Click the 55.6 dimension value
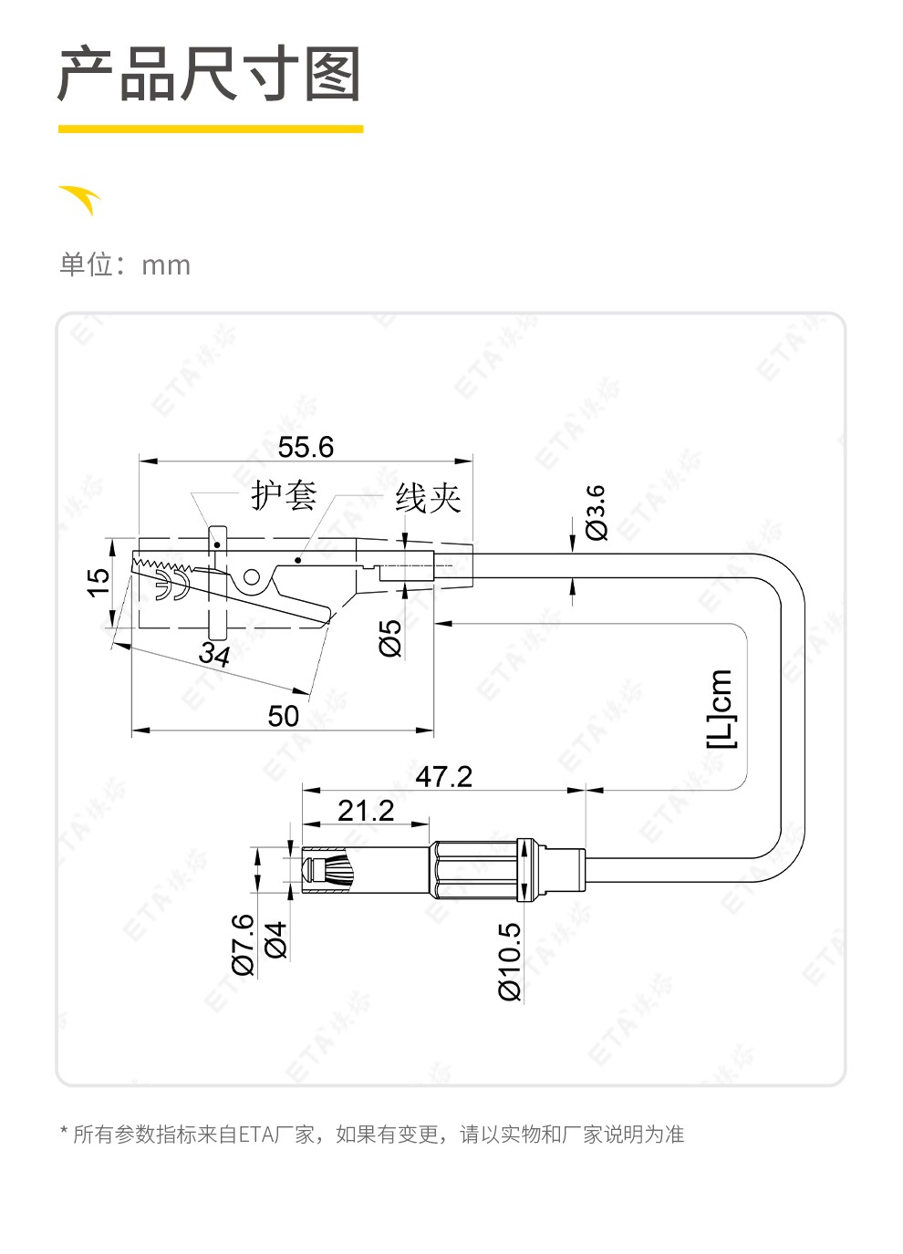(x=306, y=447)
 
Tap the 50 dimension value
(x=283, y=716)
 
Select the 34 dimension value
(x=215, y=655)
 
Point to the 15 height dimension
(x=98, y=581)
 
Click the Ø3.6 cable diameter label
(x=596, y=513)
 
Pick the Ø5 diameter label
(x=390, y=637)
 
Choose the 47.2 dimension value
(x=443, y=776)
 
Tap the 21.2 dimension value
(x=365, y=810)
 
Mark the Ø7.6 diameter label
(x=243, y=944)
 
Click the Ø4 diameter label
(x=275, y=939)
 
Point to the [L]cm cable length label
(x=720, y=709)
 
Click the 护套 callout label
(x=284, y=496)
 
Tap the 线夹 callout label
(x=428, y=498)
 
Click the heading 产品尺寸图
(x=210, y=74)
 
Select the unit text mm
(x=166, y=265)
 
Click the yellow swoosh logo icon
(x=81, y=199)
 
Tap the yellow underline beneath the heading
(x=211, y=130)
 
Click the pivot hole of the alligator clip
(x=251, y=576)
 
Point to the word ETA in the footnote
(x=253, y=1135)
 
